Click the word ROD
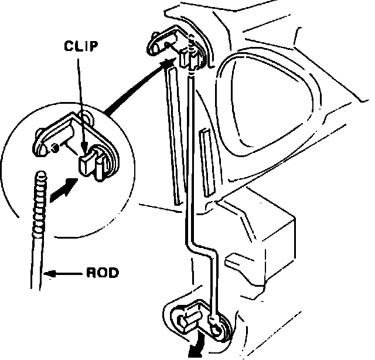102,273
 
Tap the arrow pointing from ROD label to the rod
64,273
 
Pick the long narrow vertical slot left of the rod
172,135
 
